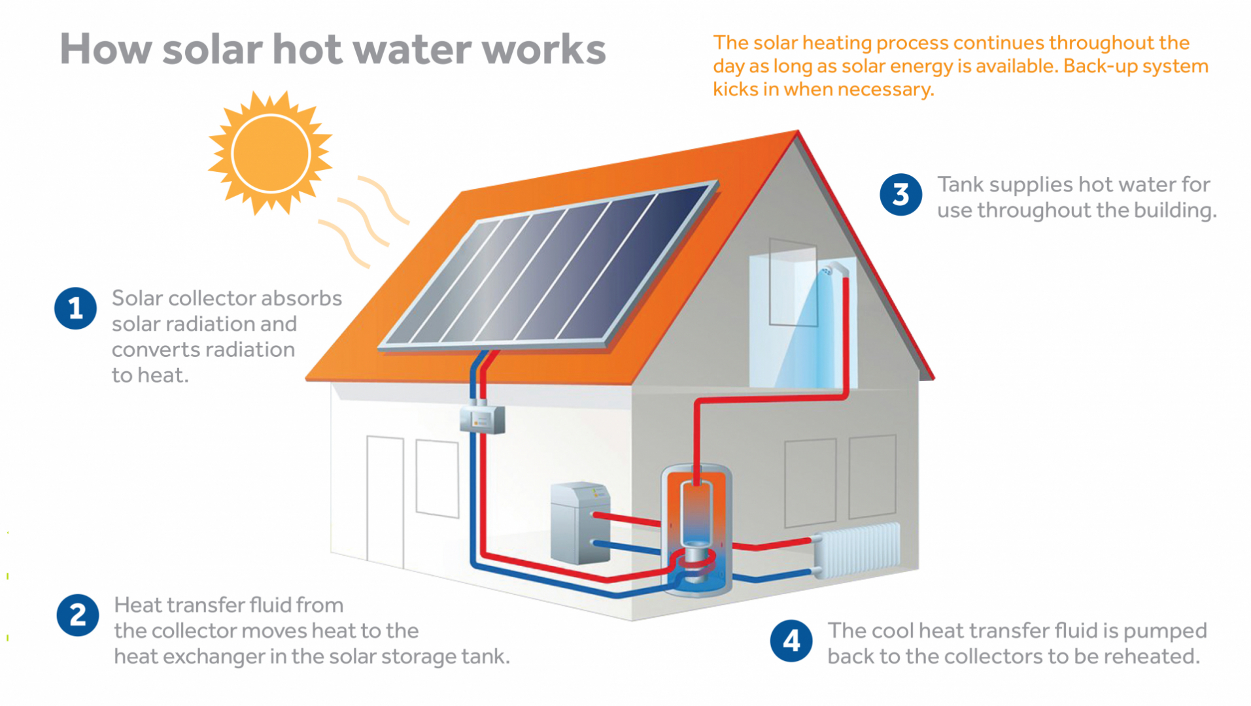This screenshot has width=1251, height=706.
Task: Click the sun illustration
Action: tap(270, 153)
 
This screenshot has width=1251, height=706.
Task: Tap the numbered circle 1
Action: tap(75, 308)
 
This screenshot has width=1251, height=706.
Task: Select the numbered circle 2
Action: tap(78, 615)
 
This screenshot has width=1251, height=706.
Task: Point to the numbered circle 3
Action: tap(900, 194)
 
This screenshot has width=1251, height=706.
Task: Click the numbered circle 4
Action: tap(791, 641)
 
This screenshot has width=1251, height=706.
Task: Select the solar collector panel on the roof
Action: tap(549, 264)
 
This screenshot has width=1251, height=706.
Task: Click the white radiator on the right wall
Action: tap(856, 550)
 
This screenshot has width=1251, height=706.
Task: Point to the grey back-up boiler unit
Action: tap(580, 523)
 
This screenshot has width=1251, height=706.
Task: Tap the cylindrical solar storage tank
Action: tap(696, 529)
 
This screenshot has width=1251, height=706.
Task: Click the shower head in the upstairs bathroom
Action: tap(829, 269)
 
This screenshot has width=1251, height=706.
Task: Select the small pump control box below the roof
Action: tap(482, 418)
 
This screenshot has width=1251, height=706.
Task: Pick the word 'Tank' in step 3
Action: tap(961, 184)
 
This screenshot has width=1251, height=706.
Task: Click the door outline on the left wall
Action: tap(385, 501)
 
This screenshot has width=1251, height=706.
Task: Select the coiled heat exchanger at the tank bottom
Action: tap(694, 563)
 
